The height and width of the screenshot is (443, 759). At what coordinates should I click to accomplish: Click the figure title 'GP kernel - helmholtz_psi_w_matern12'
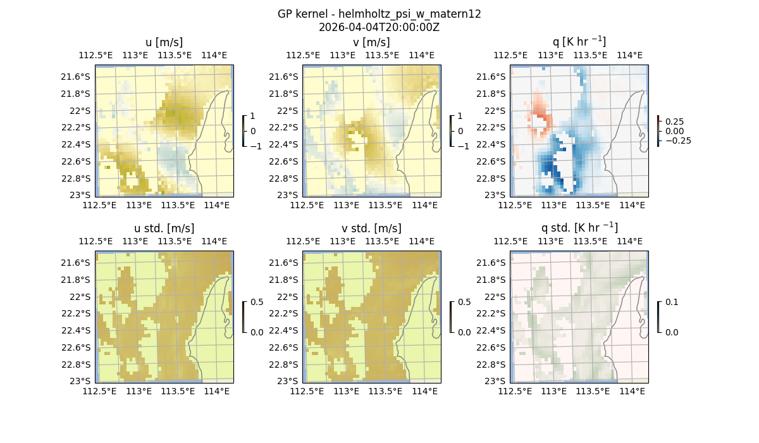tap(379, 14)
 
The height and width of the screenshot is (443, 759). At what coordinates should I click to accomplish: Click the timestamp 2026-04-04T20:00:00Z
tap(379, 27)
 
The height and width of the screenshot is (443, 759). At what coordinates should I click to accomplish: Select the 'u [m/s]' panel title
tap(164, 42)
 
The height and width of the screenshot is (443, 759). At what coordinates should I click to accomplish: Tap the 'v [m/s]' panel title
tap(371, 42)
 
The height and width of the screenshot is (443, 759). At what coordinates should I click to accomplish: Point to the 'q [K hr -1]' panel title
tap(579, 42)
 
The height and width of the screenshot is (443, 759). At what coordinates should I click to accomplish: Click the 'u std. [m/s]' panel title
tap(164, 228)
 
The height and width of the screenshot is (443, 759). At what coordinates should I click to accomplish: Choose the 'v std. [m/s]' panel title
tap(371, 228)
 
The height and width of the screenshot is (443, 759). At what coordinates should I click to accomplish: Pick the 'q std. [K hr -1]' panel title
tap(579, 228)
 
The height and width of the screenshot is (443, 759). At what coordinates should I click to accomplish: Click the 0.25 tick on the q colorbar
tap(674, 121)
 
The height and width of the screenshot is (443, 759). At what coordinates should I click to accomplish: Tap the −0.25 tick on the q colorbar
tap(677, 140)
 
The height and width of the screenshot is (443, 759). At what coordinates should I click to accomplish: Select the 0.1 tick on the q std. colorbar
tap(671, 303)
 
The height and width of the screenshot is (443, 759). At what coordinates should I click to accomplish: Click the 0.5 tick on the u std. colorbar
tap(257, 303)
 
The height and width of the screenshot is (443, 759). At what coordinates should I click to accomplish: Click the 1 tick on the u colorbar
tap(253, 116)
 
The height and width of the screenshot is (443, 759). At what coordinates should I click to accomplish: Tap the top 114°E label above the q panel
tap(629, 55)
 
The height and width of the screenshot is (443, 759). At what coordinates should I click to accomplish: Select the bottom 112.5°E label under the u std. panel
tap(100, 392)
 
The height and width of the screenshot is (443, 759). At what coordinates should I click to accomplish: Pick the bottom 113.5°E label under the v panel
tap(385, 206)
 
